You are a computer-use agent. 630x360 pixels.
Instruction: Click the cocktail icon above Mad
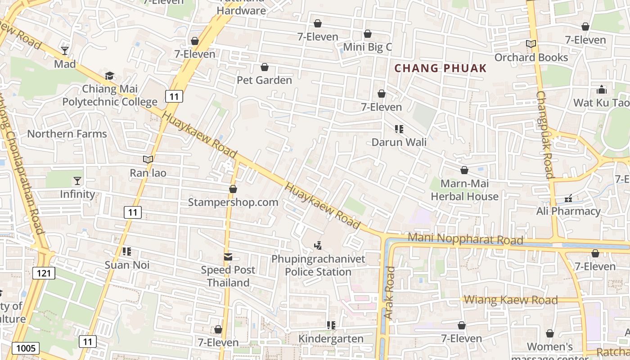pyautogui.click(x=65, y=50)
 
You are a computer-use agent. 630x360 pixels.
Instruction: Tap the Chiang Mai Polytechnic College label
pyautogui.click(x=110, y=95)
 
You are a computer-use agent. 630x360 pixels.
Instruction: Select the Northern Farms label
pyautogui.click(x=67, y=134)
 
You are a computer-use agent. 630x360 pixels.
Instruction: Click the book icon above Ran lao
pyautogui.click(x=148, y=159)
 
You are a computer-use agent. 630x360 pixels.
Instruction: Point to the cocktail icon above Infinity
pyautogui.click(x=78, y=181)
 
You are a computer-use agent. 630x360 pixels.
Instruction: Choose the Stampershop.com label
pyautogui.click(x=233, y=202)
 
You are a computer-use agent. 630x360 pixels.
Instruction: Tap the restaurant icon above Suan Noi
pyautogui.click(x=127, y=251)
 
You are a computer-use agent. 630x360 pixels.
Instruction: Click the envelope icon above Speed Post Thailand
pyautogui.click(x=228, y=257)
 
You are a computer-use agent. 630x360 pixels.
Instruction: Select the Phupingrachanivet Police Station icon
pyautogui.click(x=318, y=245)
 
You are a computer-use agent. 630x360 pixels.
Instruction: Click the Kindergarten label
pyautogui.click(x=332, y=339)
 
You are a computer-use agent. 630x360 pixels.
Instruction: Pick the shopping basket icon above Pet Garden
pyautogui.click(x=265, y=67)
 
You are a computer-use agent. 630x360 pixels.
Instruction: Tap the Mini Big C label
pyautogui.click(x=368, y=47)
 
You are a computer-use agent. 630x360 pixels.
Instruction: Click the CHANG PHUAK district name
pyautogui.click(x=441, y=68)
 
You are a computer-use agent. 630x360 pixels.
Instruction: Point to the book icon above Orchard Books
pyautogui.click(x=531, y=44)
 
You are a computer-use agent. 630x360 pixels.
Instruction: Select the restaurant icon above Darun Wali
pyautogui.click(x=399, y=129)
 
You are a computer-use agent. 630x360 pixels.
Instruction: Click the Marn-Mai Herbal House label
pyautogui.click(x=464, y=190)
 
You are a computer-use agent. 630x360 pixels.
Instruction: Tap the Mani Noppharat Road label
pyautogui.click(x=465, y=239)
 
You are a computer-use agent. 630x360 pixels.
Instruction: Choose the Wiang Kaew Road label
pyautogui.click(x=511, y=300)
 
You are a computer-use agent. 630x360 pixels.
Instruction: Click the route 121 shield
pyautogui.click(x=44, y=273)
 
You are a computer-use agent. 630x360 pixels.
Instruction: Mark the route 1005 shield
pyautogui.click(x=26, y=348)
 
